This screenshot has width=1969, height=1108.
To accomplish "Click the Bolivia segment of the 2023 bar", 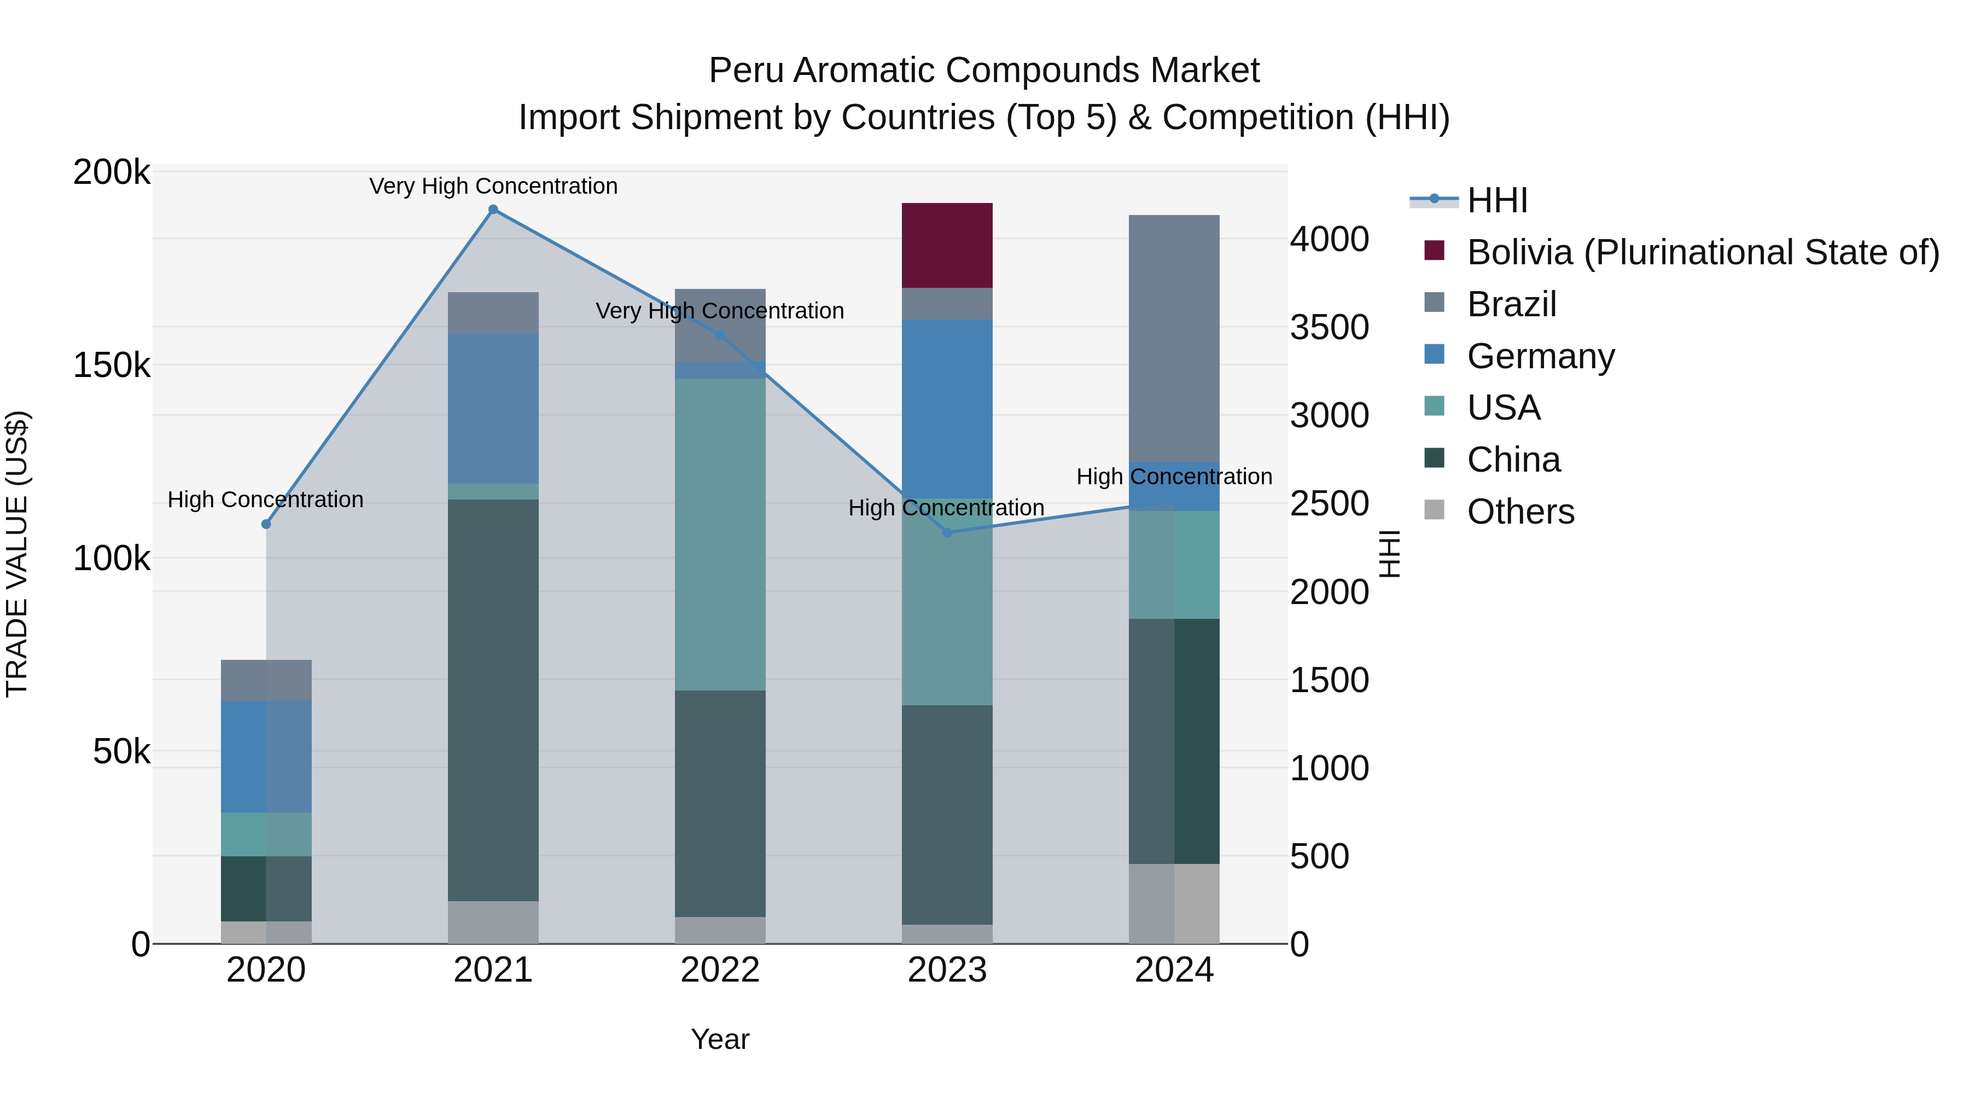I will pos(947,246).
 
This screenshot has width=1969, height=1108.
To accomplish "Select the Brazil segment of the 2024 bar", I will pos(1174,339).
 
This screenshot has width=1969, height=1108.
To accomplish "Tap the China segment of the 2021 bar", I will pos(493,700).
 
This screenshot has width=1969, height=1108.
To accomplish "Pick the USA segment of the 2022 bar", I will pos(720,535).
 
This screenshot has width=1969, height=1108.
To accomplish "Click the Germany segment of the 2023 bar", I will pos(947,409).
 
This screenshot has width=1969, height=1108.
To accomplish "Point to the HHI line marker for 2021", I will pos(493,210).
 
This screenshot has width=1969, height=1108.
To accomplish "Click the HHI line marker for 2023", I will pos(947,532).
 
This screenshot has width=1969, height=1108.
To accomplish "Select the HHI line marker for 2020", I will pos(266,524).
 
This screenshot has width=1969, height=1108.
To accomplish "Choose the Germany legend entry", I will pos(1540,356).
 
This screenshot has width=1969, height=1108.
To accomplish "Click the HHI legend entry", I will pos(1496,200).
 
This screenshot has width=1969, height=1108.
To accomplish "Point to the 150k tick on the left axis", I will pos(112,366).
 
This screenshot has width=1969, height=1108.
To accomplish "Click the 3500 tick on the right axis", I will pos(1329,327).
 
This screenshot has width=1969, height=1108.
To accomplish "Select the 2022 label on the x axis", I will pos(720,970).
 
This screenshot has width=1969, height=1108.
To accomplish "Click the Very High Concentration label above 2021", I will pos(493,186).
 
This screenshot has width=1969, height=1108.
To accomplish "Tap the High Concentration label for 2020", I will pos(265,500).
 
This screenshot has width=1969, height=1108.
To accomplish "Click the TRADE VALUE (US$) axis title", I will pos(17,554).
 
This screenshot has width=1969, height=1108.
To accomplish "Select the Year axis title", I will pos(720,1039).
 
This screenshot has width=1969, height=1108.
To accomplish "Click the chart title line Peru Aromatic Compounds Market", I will pos(984,71).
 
